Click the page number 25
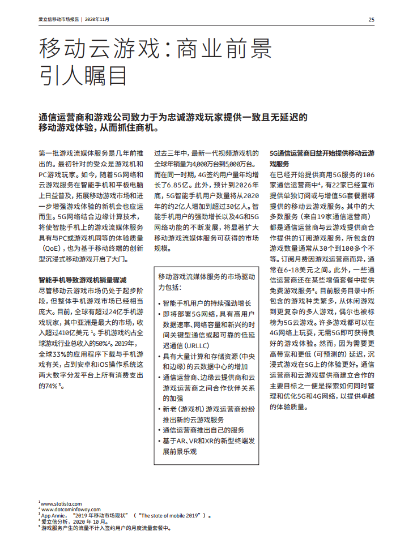[x=371, y=19]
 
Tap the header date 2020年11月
[x=97, y=19]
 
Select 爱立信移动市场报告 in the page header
[x=58, y=19]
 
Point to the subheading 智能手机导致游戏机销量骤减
[x=82, y=280]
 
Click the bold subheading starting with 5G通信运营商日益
[x=321, y=158]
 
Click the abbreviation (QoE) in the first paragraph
[x=54, y=248]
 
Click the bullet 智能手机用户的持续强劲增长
[x=206, y=303]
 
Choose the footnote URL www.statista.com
[x=61, y=503]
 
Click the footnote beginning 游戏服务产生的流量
[x=105, y=528]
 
